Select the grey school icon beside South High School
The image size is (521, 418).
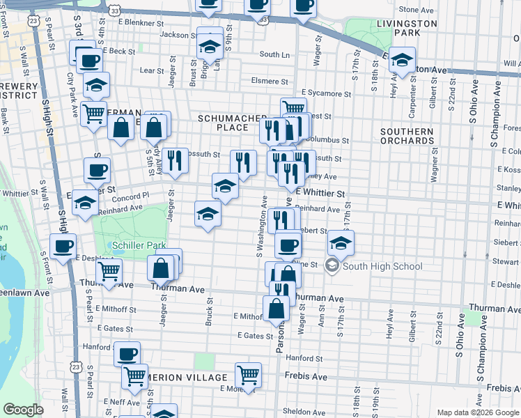tap(332, 266)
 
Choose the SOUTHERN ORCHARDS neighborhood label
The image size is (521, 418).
tap(407, 136)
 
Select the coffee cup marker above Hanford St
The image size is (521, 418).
tap(127, 353)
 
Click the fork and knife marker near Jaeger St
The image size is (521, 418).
tap(176, 159)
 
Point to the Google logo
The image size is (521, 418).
tap(23, 410)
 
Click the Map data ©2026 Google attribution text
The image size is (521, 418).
tap(477, 412)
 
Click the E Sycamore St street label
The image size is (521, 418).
tap(327, 93)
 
